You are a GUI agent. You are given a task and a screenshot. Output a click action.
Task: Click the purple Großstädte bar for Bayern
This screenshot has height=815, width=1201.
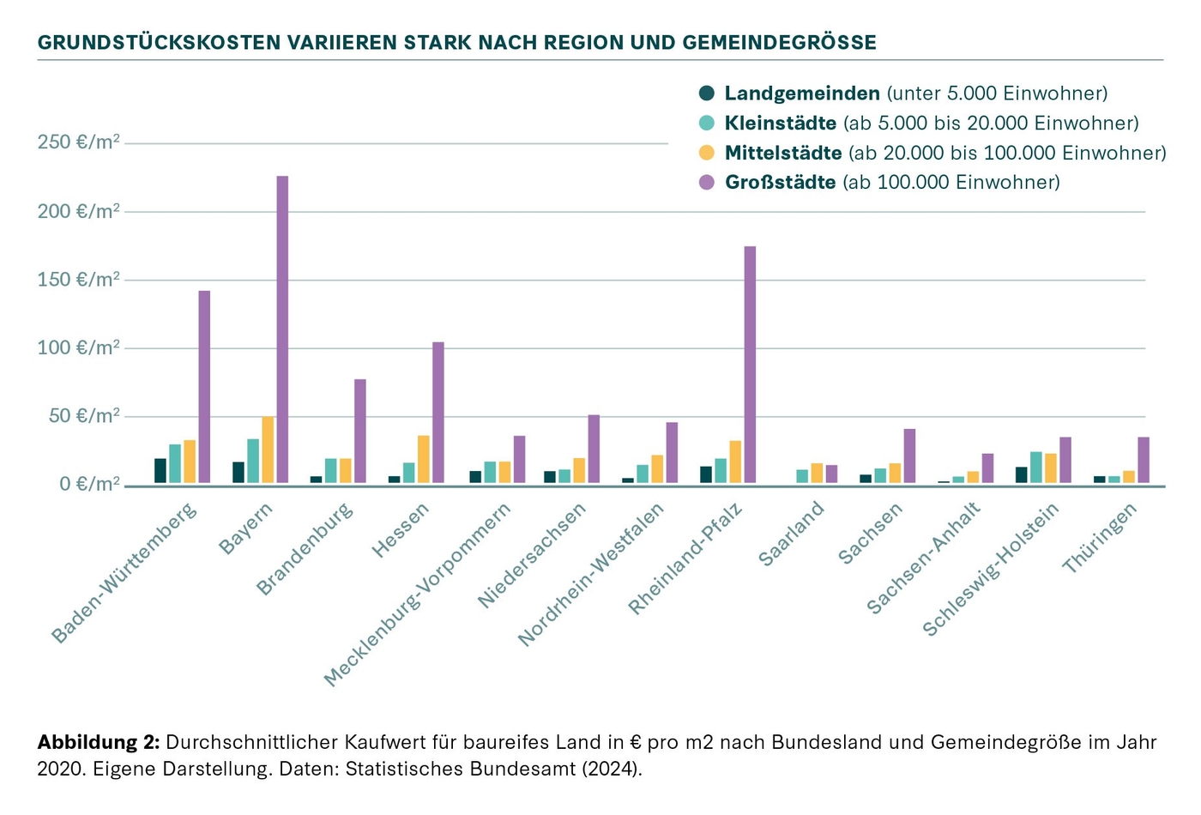coord(282,330)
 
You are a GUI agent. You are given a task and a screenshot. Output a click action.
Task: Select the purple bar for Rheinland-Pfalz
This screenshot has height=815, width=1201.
coord(750,365)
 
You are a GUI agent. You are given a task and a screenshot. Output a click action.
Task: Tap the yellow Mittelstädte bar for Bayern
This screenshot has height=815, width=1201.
coord(268,450)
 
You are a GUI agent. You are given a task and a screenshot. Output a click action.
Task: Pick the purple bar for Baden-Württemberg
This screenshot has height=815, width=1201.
coord(204,388)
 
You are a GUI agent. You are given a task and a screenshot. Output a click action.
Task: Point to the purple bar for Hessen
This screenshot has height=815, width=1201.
coord(438,414)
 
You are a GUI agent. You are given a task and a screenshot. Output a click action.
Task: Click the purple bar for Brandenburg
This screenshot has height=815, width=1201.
coord(360,432)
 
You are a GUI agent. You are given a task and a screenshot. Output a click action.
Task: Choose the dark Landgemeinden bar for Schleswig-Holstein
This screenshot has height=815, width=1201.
coord(1021,475)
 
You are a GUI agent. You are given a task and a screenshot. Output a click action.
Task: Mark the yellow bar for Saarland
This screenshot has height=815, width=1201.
coord(817,474)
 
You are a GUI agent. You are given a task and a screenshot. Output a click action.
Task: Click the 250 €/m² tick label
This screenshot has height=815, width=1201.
coord(78,142)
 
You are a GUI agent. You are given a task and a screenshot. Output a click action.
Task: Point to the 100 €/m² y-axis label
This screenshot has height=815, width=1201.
coord(78,348)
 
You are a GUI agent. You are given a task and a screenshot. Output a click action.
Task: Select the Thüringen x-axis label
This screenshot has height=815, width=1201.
coord(1099,538)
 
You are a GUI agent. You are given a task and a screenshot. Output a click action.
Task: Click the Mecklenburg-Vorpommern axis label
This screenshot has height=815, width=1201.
coord(418,595)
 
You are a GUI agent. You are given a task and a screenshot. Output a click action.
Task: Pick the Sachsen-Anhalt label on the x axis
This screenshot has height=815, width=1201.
coord(923,559)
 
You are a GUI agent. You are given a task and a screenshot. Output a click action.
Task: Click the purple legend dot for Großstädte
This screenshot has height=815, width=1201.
coord(707,183)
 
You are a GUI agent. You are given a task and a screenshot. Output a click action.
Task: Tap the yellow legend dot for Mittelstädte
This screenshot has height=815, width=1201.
coord(707,154)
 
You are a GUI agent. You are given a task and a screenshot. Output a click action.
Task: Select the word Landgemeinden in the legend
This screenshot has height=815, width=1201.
coord(802,94)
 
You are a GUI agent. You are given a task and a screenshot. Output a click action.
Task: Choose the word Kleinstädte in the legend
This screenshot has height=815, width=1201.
coord(781,124)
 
